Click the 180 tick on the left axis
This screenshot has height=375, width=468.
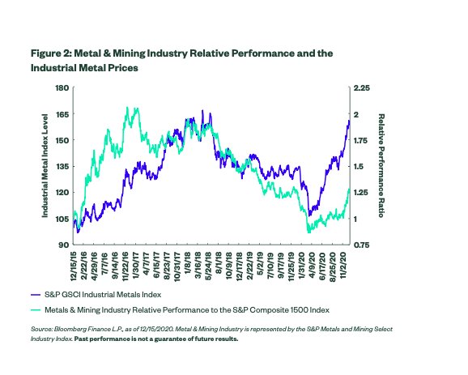[62, 87]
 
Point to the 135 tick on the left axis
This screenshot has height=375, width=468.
[62, 166]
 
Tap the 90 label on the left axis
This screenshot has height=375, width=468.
[64, 245]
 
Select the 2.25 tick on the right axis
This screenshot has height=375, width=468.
[361, 87]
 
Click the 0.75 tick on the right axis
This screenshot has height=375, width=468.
[361, 245]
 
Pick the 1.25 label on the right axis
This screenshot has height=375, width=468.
[361, 193]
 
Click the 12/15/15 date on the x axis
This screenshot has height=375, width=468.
[74, 266]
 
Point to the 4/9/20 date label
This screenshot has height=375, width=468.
[312, 262]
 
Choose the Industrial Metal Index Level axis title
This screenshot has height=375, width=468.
[45, 166]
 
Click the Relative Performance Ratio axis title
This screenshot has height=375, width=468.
[381, 166]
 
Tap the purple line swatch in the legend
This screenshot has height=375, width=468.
[36, 295]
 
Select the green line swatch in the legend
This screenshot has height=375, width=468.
[36, 310]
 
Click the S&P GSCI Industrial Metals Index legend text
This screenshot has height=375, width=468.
[103, 295]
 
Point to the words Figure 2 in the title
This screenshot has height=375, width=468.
[51, 53]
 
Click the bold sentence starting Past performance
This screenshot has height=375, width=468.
[156, 339]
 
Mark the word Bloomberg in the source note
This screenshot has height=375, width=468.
[68, 330]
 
